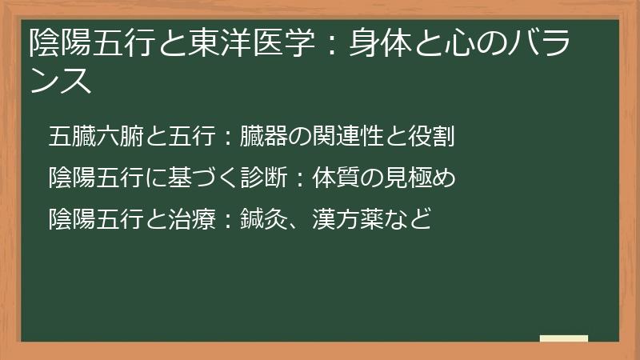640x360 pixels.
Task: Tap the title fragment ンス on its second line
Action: point(60,81)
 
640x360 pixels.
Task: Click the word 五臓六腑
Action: point(95,136)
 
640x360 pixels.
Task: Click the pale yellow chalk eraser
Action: point(563,338)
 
